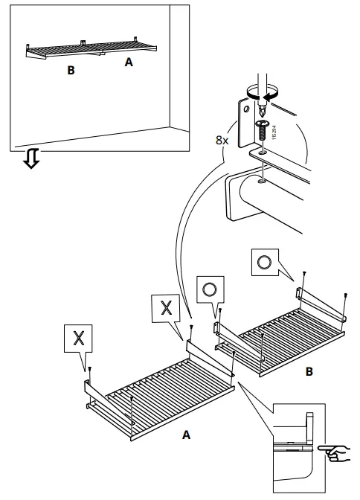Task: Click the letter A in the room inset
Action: pos(129,64)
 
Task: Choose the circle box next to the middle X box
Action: pos(210,289)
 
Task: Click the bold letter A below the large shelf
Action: pos(185,435)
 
